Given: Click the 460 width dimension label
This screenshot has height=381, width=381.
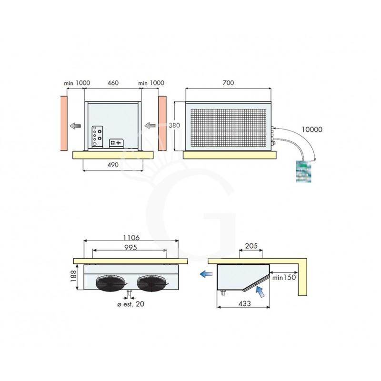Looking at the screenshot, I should click(x=112, y=83).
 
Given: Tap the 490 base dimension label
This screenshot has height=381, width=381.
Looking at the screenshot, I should click(x=112, y=164).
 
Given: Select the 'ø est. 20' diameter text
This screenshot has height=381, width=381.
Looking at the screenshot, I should click(x=125, y=304).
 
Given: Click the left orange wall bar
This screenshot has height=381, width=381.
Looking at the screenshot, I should click(x=63, y=123).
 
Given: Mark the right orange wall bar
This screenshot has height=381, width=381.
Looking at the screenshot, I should click(x=162, y=123).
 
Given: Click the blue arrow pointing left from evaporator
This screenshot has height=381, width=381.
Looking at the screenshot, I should click(x=206, y=274).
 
